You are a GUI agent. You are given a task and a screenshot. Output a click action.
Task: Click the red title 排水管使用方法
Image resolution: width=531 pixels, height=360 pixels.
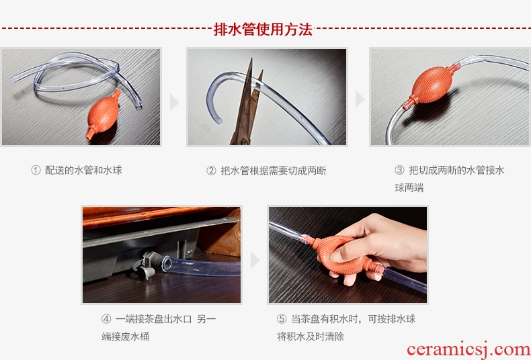tap(263, 30)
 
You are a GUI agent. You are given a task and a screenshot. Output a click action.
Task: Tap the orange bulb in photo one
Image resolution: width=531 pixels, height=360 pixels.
tap(104, 115)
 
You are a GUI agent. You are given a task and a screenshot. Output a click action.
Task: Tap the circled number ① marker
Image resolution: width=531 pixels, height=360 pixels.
tap(36, 170)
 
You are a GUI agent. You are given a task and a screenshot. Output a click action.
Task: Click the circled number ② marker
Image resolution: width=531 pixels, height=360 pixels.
tap(211, 171)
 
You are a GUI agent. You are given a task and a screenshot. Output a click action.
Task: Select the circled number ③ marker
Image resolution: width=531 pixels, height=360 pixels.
tap(400, 170)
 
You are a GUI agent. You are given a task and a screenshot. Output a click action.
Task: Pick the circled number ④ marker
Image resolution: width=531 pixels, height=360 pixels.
tap(106, 319)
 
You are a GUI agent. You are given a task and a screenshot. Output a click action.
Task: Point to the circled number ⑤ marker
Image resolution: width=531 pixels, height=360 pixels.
tap(282, 319)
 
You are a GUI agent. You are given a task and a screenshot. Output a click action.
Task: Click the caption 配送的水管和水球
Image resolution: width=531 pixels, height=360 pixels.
tap(83, 170)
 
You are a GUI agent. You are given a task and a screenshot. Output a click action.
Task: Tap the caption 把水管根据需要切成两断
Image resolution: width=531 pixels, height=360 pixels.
tap(274, 171)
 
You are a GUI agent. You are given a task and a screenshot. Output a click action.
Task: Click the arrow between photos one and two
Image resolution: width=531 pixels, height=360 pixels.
tap(174, 102)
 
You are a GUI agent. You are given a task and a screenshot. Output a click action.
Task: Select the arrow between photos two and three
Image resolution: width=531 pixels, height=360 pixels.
tap(360, 99)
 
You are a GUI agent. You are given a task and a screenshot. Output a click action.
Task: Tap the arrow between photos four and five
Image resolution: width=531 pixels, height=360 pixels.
tap(255, 260)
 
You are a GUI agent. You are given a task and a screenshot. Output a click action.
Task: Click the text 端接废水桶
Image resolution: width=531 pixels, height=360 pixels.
tap(125, 336)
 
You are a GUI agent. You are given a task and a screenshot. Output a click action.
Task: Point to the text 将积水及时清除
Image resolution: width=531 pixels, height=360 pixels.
tap(311, 336)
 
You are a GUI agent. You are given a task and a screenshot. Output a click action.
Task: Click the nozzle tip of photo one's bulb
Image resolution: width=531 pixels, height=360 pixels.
tap(89, 138)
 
